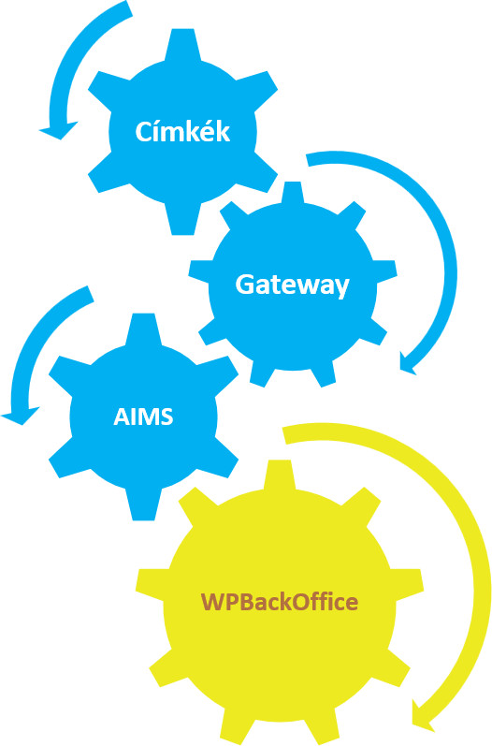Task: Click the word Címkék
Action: coord(182,131)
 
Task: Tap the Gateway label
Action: coord(293,285)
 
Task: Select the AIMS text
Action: coord(143,417)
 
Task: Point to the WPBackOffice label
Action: coord(280,601)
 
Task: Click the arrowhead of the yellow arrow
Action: coord(422,716)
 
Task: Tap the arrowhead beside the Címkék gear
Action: coord(58,130)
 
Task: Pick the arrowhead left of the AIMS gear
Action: coord(21,416)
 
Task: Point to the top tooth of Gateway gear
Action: coord(293,194)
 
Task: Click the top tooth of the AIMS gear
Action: coord(143,329)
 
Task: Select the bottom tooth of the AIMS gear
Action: coord(143,504)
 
